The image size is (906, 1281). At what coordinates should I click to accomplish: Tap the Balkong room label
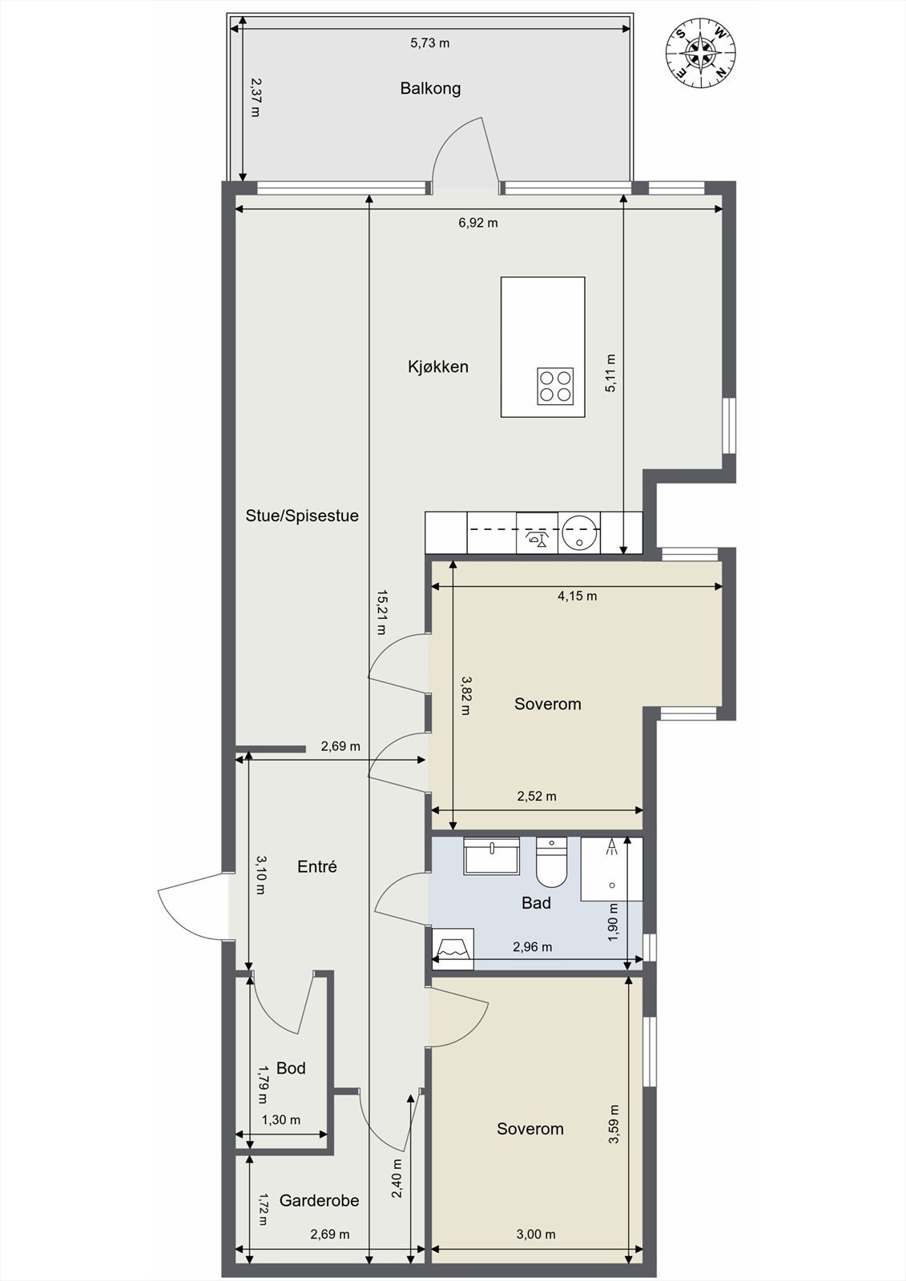coord(430,89)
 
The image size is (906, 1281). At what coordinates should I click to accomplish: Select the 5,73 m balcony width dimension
coord(430,43)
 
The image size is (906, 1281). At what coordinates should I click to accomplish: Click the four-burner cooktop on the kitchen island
coord(555,386)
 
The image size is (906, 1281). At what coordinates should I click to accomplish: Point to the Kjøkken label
coord(438,367)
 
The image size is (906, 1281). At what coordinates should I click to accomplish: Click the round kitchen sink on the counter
coord(580,532)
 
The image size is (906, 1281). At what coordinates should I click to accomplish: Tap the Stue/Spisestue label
coord(302,516)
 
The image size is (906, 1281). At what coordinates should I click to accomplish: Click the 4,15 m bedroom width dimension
coord(578,596)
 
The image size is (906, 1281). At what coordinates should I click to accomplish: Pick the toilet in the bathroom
coord(551,861)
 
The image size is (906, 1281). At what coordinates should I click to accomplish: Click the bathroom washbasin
coord(492,856)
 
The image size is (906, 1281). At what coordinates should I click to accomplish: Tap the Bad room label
coord(536,903)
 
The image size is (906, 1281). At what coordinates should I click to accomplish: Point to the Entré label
coord(317,867)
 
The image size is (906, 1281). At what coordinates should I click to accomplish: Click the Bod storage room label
coord(291,1068)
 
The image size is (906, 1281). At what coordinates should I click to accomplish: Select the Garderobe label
coord(320,1200)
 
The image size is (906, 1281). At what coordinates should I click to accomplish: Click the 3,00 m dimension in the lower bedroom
coord(536,1234)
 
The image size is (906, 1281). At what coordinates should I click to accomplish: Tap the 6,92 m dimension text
coord(478,223)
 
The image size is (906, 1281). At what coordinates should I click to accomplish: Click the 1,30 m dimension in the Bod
coord(281,1120)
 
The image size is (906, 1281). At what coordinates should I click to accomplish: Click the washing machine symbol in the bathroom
coord(453,949)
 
